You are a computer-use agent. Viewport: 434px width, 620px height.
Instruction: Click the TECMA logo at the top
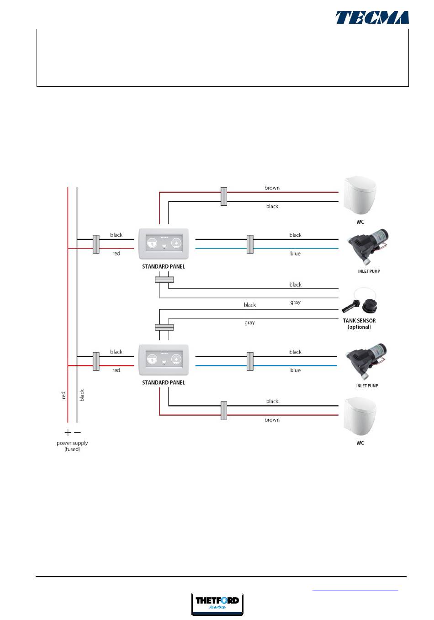pyautogui.click(x=372, y=17)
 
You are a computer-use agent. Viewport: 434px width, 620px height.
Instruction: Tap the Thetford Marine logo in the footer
pyautogui.click(x=217, y=604)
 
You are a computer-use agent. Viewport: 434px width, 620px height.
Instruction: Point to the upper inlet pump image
pyautogui.click(x=368, y=249)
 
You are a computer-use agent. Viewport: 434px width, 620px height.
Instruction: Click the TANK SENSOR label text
pyautogui.click(x=359, y=321)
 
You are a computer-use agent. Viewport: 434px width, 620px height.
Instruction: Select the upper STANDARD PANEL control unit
pyautogui.click(x=164, y=243)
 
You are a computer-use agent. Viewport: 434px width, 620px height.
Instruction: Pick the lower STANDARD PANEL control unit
pyautogui.click(x=164, y=359)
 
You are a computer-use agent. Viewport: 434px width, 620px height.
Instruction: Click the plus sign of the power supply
pyautogui.click(x=68, y=432)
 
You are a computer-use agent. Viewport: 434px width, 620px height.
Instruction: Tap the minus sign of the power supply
pyautogui.click(x=77, y=432)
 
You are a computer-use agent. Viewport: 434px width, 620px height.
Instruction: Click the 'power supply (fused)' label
pyautogui.click(x=72, y=446)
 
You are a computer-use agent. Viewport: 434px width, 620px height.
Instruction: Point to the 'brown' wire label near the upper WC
pyautogui.click(x=272, y=188)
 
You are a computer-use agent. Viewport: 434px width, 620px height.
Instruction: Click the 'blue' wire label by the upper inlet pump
pyautogui.click(x=295, y=254)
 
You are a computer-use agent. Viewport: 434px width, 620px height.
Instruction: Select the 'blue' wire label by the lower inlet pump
pyautogui.click(x=295, y=370)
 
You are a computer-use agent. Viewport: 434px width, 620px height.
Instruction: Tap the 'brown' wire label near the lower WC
pyautogui.click(x=272, y=420)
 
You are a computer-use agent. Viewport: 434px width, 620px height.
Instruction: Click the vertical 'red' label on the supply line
pyautogui.click(x=64, y=395)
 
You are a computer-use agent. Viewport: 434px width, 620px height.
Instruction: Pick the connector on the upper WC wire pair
pyautogui.click(x=223, y=196)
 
